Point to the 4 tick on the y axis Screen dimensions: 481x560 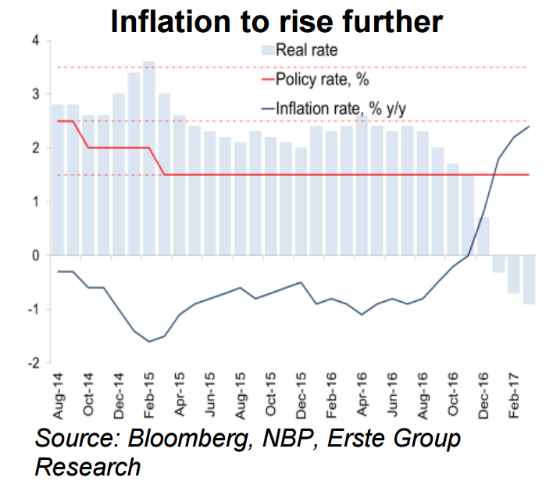(34, 41)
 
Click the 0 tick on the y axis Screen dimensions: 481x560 (34, 256)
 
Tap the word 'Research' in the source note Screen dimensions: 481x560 (87, 466)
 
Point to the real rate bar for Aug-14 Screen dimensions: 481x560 (57, 180)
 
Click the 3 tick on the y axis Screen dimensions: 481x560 (34, 95)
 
